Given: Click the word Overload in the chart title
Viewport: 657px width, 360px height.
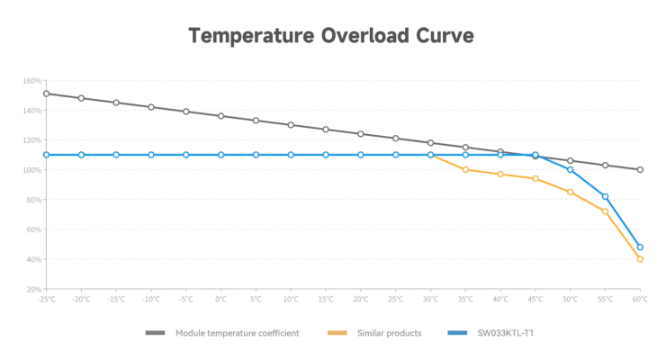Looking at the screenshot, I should coord(354,36).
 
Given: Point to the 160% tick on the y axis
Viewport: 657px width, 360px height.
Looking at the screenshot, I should coord(32,81).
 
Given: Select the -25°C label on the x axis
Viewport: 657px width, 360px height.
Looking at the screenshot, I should coord(46,299).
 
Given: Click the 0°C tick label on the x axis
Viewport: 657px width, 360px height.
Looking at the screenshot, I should coord(220,299).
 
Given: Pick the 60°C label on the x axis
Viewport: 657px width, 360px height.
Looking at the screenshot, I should coord(640,299).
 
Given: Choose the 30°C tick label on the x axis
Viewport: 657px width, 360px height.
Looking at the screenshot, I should coord(430,299).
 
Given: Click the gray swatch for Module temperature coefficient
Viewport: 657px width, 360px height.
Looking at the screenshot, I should coord(156,333).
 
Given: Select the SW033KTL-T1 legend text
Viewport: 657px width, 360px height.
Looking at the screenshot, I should coord(509,333).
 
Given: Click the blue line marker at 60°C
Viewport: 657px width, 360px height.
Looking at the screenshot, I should coord(640,247).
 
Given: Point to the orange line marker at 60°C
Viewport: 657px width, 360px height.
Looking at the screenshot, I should coord(640,259).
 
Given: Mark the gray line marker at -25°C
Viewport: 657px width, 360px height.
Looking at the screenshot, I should coord(46,94).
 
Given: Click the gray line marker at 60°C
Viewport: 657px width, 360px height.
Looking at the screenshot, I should coord(640,169).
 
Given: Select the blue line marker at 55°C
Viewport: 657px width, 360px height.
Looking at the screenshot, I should coord(605,196).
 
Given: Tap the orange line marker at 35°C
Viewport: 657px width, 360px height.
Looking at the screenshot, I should coord(465,169).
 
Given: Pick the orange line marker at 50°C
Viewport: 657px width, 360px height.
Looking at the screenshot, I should coord(570,192).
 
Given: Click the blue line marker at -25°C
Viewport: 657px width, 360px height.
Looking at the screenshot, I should coord(46,155).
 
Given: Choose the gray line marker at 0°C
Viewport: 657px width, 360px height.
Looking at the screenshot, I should coord(220,116).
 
